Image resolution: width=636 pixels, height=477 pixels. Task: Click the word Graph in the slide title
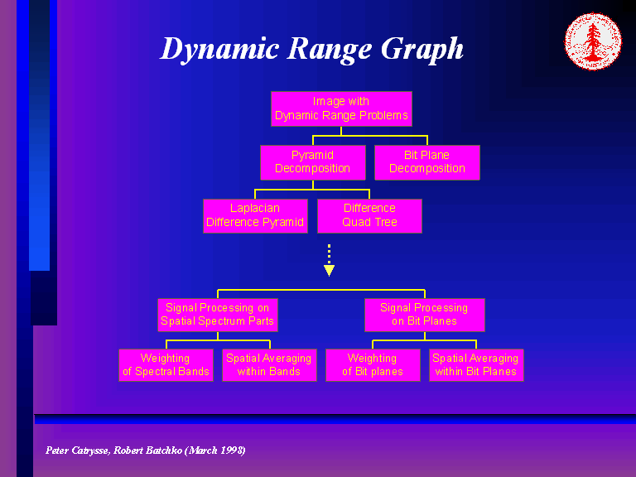(422, 49)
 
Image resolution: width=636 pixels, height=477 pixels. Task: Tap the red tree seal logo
(592, 41)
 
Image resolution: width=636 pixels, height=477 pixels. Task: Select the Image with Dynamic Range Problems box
(341, 108)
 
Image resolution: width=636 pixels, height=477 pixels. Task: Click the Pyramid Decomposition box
(312, 161)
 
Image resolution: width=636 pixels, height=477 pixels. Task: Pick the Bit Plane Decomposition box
(427, 161)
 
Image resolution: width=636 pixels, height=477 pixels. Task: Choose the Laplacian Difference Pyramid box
(255, 215)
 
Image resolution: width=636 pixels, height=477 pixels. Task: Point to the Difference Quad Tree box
(369, 215)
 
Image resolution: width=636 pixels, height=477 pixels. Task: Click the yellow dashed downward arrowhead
(329, 270)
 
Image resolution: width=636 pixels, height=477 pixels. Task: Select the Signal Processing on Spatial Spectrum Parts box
(217, 314)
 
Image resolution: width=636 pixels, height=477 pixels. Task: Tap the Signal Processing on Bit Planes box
(424, 314)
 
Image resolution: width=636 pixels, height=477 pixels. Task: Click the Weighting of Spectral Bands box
(166, 365)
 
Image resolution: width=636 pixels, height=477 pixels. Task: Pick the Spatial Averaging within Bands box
(269, 365)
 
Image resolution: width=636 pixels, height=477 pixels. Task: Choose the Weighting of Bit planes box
(373, 365)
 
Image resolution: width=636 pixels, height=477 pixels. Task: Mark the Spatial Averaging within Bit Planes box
(476, 365)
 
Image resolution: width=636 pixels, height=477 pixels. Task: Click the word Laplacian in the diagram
(255, 208)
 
